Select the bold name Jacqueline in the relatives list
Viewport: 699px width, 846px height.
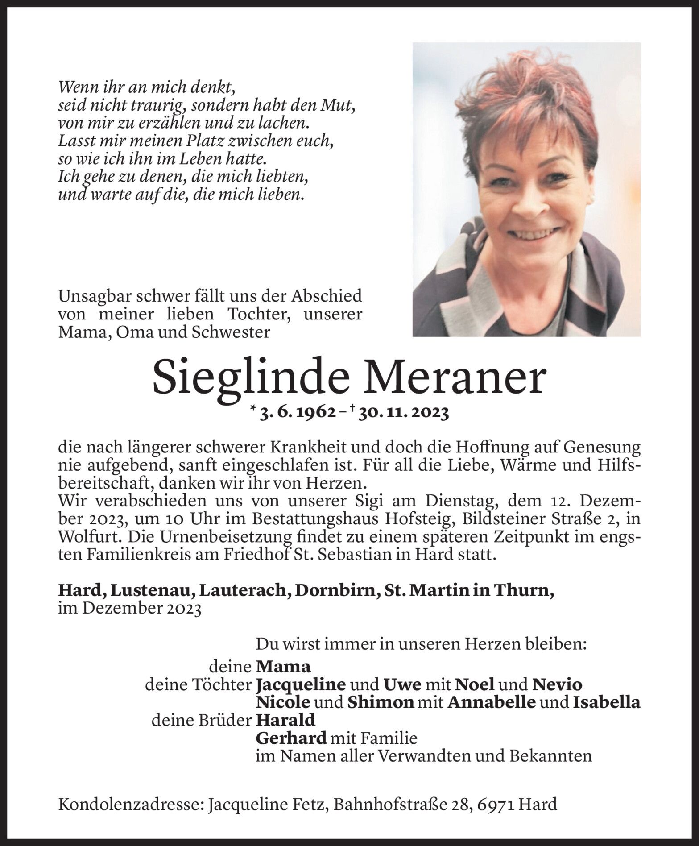pyautogui.click(x=301, y=684)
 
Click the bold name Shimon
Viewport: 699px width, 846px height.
pyautogui.click(x=381, y=702)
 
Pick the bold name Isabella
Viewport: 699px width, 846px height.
pyautogui.click(x=607, y=702)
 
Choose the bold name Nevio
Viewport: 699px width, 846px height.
pyautogui.click(x=558, y=684)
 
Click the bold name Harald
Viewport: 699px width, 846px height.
pyautogui.click(x=285, y=720)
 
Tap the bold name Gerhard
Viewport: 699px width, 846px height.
pyautogui.click(x=291, y=738)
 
